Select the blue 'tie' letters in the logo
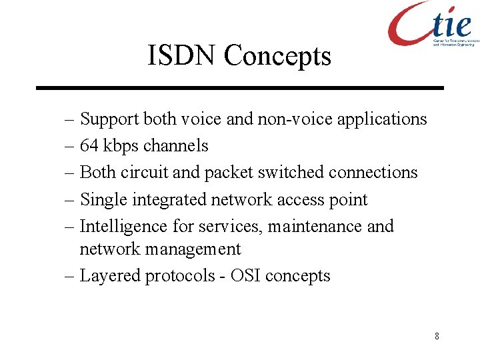point(451,24)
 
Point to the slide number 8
point(437,336)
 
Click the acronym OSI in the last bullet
point(245,276)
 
